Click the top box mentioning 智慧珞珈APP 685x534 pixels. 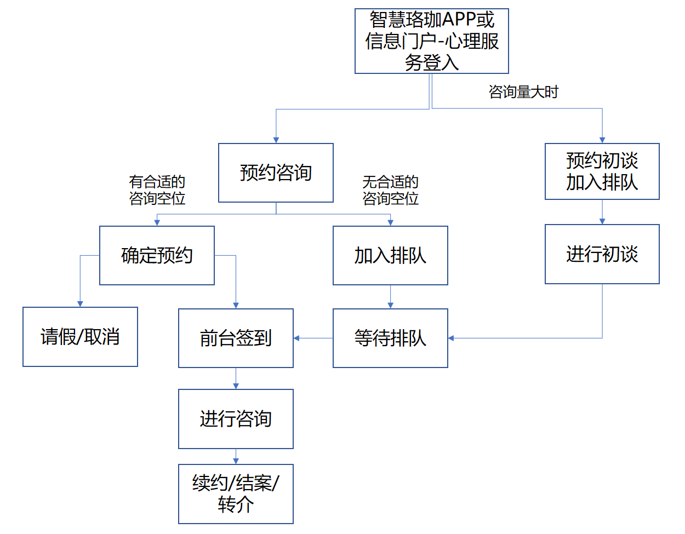coord(431,41)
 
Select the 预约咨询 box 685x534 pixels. coord(276,173)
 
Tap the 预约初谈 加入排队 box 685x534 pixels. coord(602,171)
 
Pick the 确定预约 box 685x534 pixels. coord(157,255)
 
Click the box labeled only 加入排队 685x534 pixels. coord(390,255)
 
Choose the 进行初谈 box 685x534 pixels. coord(602,254)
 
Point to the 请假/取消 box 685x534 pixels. coord(80,337)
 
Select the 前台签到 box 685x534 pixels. coord(236,338)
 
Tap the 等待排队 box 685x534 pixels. coord(390,338)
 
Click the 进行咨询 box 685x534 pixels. coord(236,419)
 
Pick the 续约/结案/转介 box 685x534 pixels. coord(236,493)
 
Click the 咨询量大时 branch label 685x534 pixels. coord(523,92)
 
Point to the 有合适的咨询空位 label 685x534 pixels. coord(157,190)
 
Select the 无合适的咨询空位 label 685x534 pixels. coord(391,190)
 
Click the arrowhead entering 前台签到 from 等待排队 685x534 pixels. coord(296,338)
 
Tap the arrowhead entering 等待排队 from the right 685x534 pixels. coord(451,338)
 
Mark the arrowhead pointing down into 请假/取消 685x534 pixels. coord(80,304)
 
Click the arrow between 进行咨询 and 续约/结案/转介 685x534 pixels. coord(236,457)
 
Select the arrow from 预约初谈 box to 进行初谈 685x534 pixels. coord(602,212)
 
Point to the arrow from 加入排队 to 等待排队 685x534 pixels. coord(390,297)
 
